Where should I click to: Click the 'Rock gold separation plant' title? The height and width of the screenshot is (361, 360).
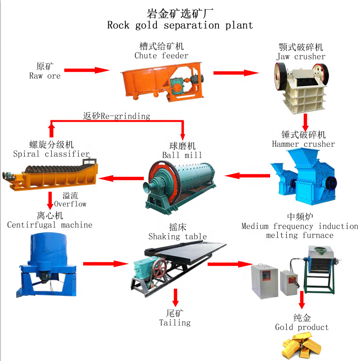coord(180,25)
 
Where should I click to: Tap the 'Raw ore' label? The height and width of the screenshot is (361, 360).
coord(44,76)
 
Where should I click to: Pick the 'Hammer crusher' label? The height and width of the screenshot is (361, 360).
coord(303,144)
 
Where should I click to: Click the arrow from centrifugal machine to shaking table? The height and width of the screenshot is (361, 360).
coord(106,264)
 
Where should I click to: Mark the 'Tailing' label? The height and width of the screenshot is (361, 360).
coord(175,322)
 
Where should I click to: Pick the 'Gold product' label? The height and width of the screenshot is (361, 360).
coord(302,327)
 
